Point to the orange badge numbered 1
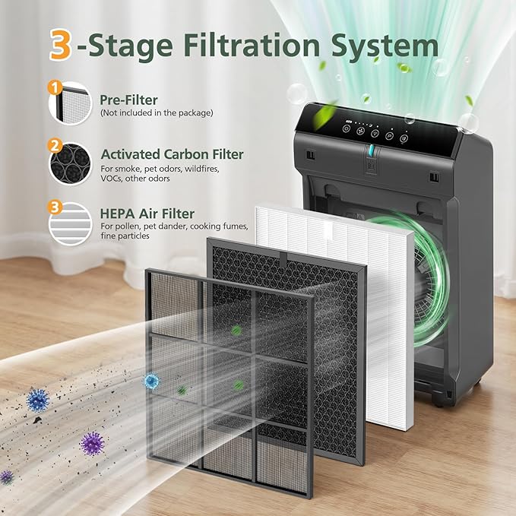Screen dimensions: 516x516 pyautogui.click(x=54, y=87)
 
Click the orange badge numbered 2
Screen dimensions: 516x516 pyautogui.click(x=54, y=144)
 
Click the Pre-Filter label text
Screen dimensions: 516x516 pyautogui.click(x=128, y=100)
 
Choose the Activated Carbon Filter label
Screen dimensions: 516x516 pyautogui.click(x=172, y=154)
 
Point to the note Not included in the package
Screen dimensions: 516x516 pyautogui.click(x=157, y=113)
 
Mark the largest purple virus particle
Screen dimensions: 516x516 pyautogui.click(x=93, y=442)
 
